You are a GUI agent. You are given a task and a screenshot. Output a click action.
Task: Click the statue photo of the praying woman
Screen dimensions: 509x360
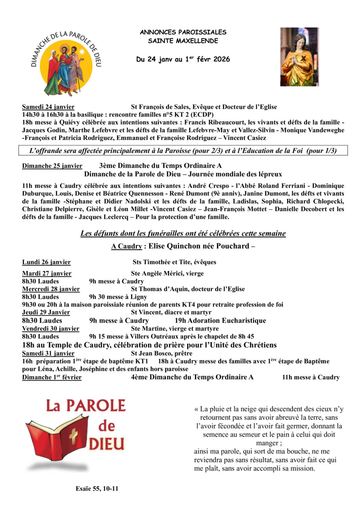(299, 57)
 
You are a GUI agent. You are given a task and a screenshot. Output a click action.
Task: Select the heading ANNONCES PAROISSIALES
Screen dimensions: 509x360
(183, 32)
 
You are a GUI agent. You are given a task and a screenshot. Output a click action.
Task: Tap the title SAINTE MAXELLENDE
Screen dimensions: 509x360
(183, 41)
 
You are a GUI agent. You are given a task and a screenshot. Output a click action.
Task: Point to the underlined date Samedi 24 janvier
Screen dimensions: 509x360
(48, 107)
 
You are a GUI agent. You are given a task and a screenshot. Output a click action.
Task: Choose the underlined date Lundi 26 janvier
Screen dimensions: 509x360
(46, 262)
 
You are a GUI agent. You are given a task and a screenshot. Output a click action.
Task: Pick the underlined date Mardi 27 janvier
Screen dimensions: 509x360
(47, 274)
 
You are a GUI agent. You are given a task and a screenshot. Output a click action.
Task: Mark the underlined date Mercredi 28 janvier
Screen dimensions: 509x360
(51, 289)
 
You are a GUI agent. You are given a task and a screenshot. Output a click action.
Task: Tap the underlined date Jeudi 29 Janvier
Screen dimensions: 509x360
(46, 313)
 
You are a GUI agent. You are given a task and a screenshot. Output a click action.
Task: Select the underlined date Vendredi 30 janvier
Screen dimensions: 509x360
(51, 328)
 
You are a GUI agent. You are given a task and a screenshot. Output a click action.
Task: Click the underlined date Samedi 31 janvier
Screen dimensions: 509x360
(48, 353)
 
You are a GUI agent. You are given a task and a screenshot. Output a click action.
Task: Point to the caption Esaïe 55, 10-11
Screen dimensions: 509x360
(97, 489)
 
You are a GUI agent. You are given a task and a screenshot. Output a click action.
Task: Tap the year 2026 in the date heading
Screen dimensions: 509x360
(222, 60)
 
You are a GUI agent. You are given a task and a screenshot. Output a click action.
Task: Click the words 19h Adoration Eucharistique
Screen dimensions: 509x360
(220, 321)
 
